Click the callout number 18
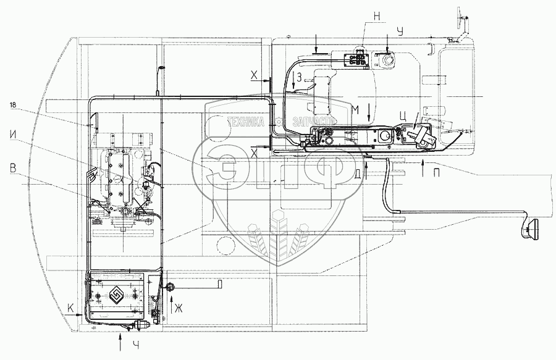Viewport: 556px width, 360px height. (x=14, y=106)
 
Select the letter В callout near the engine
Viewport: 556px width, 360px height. (x=13, y=166)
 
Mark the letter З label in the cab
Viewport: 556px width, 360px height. (x=298, y=77)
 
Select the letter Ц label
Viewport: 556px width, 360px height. (x=403, y=115)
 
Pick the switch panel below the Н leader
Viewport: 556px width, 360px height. (x=354, y=60)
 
